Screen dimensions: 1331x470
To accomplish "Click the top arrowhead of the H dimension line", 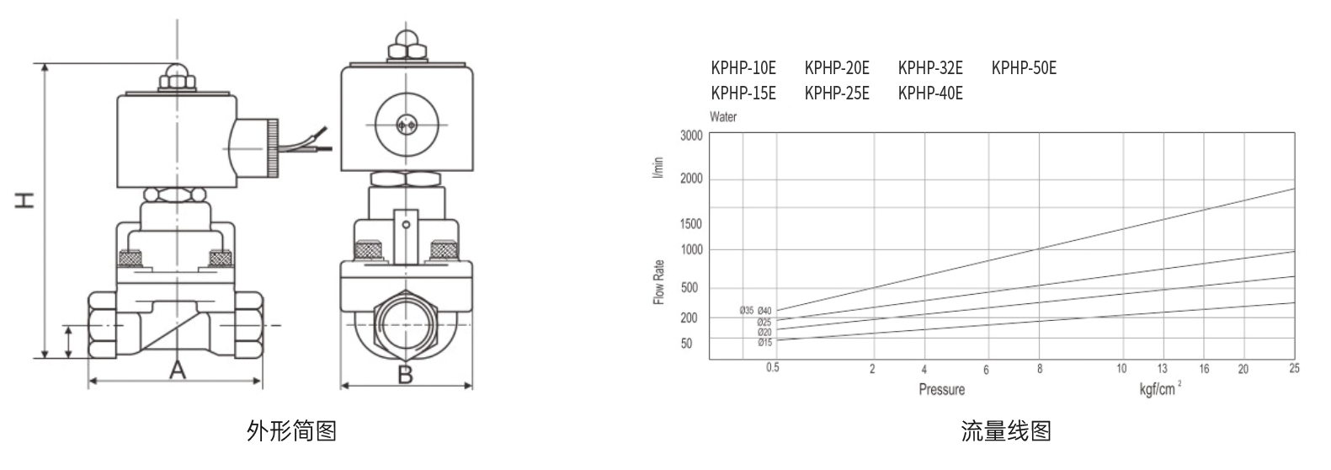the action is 45,65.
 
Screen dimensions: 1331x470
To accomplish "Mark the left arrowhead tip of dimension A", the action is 89,380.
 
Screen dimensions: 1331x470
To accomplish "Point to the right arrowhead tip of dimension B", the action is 471,386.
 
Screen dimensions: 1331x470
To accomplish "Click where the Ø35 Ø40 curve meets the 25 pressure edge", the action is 1294,189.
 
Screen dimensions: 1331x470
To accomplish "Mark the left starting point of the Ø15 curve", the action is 777,340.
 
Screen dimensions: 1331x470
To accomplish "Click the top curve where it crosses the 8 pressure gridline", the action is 1039,249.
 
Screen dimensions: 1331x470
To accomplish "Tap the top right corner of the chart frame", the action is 1295,132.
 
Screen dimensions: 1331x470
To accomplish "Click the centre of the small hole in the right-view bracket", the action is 406,225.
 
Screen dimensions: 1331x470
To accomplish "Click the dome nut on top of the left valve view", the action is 177,77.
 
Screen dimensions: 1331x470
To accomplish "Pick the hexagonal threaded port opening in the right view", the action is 406,325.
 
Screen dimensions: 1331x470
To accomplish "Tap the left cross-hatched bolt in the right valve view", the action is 369,250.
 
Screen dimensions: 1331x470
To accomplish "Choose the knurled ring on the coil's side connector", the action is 272,148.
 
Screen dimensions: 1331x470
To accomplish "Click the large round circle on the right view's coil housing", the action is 407,125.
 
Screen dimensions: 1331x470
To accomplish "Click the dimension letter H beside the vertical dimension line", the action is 24,200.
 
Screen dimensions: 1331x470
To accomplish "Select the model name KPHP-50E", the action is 1024,68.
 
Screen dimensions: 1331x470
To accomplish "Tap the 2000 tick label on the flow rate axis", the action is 691,179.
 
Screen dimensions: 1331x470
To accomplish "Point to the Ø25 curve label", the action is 764,322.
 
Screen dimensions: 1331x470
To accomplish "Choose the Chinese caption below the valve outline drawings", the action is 292,430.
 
